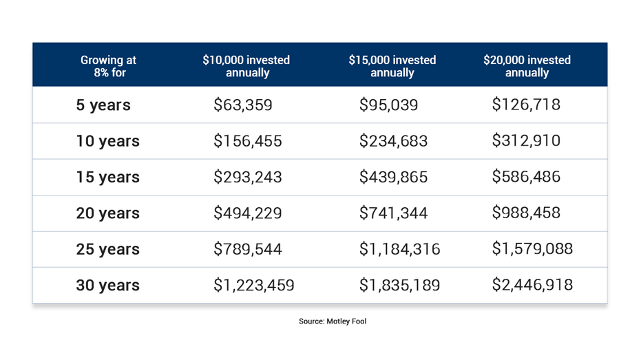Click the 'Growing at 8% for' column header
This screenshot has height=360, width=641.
(x=108, y=66)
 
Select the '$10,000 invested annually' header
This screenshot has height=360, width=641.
(x=246, y=66)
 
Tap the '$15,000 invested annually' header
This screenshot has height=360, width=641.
(x=392, y=66)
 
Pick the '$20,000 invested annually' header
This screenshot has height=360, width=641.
(x=527, y=66)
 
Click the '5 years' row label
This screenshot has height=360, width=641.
(x=103, y=105)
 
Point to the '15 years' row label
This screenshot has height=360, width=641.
(x=107, y=178)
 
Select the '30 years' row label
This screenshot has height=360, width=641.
(x=107, y=286)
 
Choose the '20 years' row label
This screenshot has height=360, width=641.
(x=107, y=213)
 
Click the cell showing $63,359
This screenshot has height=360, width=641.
(x=243, y=105)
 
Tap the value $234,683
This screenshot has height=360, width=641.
(x=393, y=141)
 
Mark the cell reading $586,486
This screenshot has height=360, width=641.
(x=526, y=177)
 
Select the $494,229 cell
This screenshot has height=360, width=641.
(x=247, y=213)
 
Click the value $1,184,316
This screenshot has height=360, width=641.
(x=399, y=249)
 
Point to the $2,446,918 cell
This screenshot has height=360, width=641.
(x=532, y=285)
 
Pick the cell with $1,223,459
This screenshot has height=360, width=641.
(x=253, y=285)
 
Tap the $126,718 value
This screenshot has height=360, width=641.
(x=526, y=105)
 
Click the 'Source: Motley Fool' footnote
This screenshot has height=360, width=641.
(x=333, y=321)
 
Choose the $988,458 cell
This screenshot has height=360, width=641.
(x=526, y=213)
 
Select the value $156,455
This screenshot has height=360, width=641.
(x=247, y=141)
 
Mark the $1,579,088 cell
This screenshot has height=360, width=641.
(x=532, y=248)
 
